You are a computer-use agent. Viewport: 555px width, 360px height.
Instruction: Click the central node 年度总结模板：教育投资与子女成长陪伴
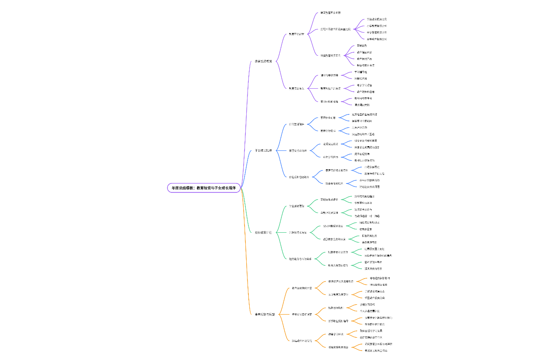tap(204, 188)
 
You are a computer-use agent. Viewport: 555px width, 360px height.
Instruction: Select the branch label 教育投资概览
tap(263, 61)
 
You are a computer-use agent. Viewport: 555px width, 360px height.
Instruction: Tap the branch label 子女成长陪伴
tap(263, 150)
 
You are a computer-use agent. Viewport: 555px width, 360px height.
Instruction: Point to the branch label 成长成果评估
tap(263, 232)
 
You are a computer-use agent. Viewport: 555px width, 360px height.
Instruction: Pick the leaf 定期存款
tap(362, 45)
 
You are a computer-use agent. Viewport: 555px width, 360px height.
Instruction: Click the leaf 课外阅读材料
tap(362, 105)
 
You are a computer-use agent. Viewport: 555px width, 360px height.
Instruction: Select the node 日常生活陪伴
tap(296, 124)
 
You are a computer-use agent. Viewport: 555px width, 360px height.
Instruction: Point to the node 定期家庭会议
tap(331, 144)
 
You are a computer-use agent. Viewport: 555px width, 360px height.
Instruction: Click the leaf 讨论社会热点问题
tap(369, 187)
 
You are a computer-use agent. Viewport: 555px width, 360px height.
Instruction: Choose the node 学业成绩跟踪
tap(296, 206)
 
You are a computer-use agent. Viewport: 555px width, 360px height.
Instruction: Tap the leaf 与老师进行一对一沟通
tap(367, 216)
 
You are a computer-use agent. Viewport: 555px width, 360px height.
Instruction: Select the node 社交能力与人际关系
tap(300, 258)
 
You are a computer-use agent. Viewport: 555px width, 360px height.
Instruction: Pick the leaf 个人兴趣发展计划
tap(370, 311)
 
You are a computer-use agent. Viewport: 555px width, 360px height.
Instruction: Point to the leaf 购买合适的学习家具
tap(371, 330)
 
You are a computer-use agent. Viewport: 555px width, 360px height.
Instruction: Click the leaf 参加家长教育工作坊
tap(376, 350)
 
